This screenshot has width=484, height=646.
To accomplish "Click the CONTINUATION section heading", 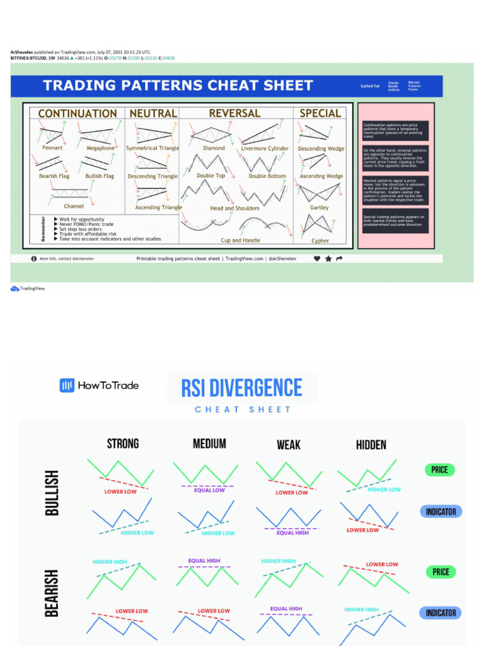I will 78,114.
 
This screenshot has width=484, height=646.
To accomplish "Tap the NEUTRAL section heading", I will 153,114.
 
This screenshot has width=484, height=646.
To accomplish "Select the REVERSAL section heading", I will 234,114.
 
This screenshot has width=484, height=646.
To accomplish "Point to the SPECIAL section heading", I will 320,114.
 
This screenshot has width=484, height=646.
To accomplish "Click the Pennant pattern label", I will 52,148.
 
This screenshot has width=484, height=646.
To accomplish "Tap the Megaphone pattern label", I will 100,148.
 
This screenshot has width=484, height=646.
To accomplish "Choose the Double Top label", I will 210,176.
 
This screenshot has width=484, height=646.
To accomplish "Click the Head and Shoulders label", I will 234,208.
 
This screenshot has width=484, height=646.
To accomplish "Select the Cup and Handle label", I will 240,240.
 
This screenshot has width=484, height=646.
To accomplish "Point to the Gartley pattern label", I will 320,208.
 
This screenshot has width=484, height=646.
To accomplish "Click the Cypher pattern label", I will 320,240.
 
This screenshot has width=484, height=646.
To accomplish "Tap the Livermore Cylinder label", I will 265,149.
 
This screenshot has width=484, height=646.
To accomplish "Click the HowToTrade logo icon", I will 67,385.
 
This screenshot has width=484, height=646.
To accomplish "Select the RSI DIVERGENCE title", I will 242,387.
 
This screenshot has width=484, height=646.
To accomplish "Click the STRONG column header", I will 123,443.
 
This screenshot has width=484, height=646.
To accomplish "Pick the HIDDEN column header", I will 371,445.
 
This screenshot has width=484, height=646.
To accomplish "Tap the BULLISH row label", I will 52,492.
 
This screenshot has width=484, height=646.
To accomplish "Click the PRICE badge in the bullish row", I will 440,470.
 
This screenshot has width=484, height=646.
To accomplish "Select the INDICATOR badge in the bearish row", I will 441,613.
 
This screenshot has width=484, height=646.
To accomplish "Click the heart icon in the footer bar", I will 317,259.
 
